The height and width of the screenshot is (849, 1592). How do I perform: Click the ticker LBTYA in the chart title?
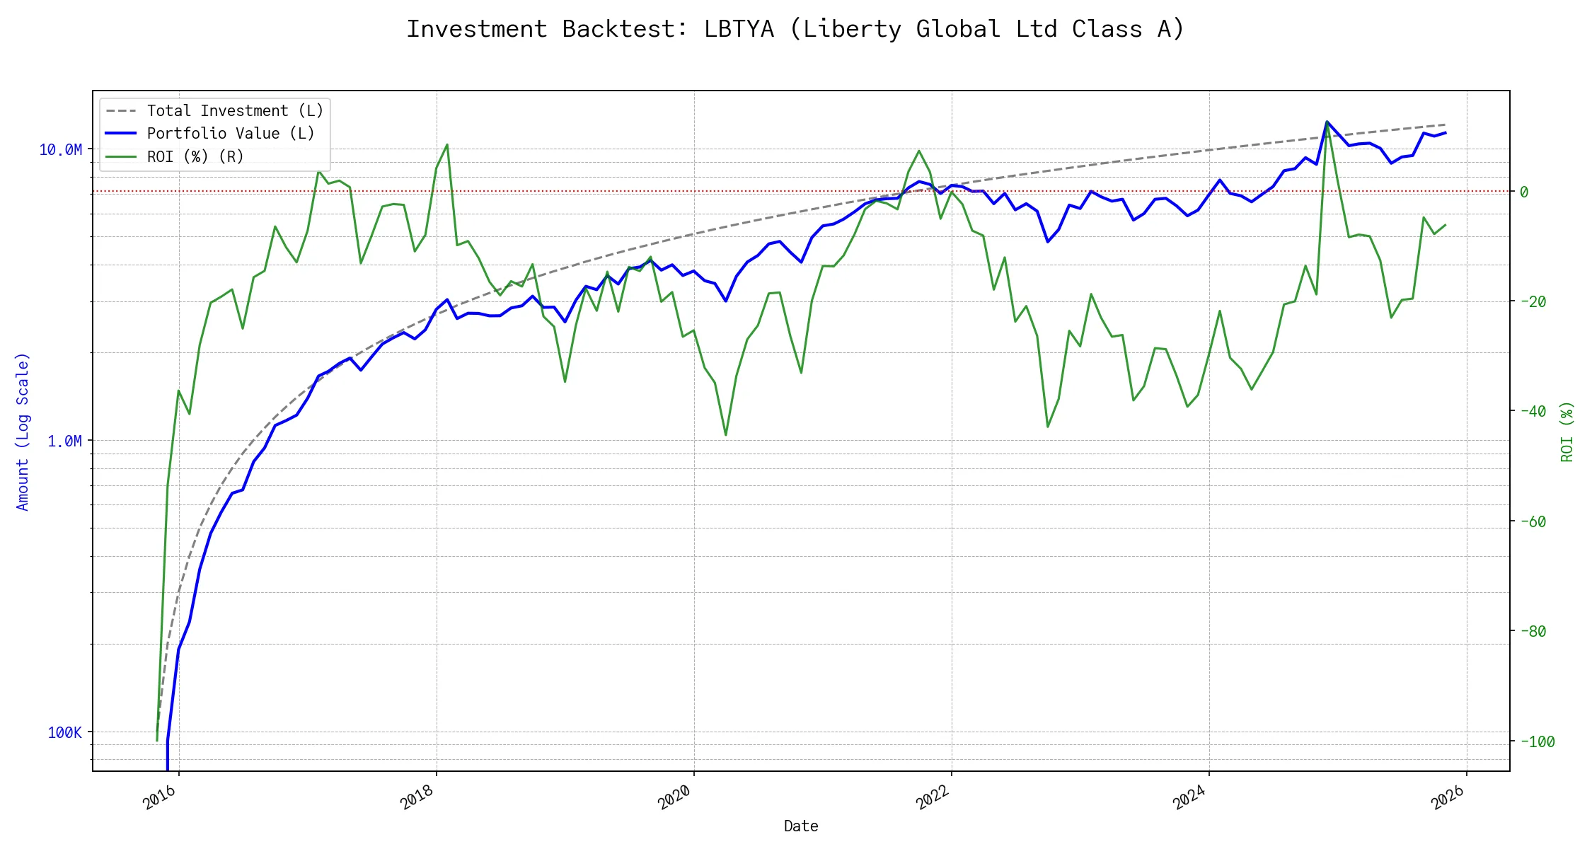pos(739,29)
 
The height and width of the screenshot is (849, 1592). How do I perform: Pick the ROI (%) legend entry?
pos(195,156)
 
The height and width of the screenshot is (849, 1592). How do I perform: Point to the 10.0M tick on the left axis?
pos(61,150)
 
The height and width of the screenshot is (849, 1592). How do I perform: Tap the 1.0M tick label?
pos(64,441)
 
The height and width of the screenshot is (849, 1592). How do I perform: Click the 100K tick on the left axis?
pos(64,733)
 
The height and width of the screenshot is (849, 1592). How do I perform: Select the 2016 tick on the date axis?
pos(160,797)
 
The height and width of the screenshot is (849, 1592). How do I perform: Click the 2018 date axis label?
pos(417,797)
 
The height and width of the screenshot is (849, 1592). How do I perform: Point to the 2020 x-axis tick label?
pos(675,797)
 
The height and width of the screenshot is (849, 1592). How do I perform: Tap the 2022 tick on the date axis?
pos(933,797)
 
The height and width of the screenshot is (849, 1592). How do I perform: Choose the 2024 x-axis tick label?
pos(1190,797)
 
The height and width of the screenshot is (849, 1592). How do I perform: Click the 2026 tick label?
pos(1448,797)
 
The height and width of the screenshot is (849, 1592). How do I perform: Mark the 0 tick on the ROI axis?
pos(1524,192)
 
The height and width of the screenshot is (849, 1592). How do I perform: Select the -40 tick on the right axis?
pos(1533,411)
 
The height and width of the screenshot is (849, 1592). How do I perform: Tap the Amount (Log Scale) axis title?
pos(23,432)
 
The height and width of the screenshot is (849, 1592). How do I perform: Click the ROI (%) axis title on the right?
pos(1567,432)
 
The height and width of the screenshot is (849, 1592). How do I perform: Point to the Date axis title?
pos(801,826)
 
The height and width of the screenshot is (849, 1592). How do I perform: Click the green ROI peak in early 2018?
pos(446,145)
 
